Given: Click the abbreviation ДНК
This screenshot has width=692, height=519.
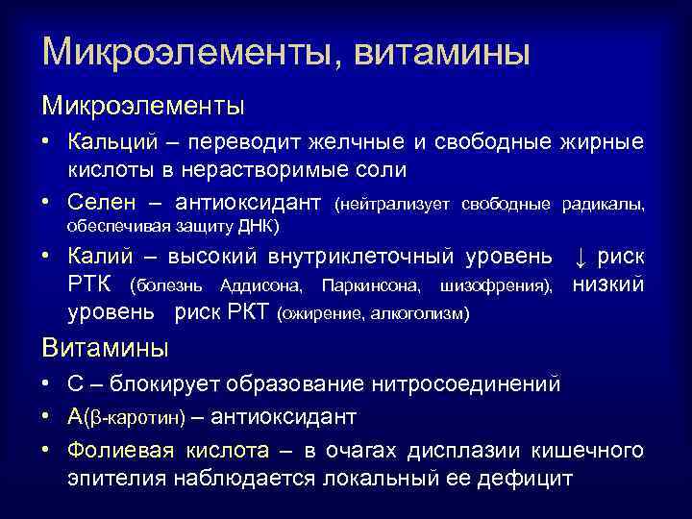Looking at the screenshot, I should (x=254, y=227).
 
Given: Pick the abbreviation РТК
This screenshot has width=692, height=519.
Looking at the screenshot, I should (x=91, y=286).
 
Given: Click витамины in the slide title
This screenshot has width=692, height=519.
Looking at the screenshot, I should (x=442, y=50).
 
